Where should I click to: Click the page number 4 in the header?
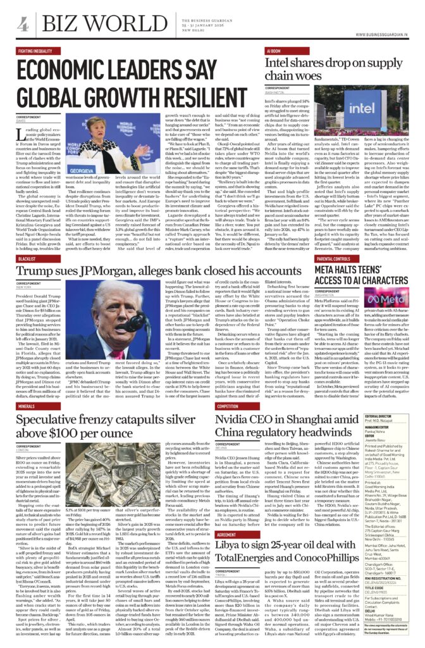23,24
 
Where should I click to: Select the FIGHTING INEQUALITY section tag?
35,50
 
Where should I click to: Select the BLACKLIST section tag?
27,259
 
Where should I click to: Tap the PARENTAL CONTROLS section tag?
333,259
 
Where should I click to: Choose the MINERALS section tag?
26,406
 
